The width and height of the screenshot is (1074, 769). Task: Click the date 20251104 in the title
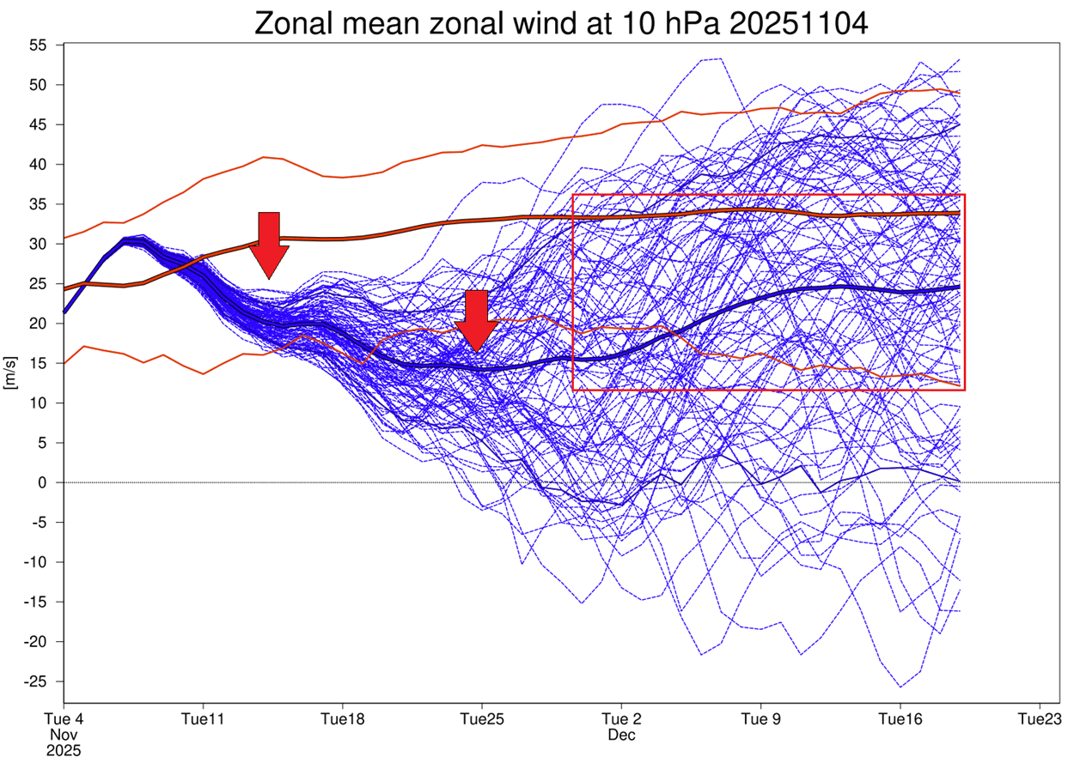point(799,23)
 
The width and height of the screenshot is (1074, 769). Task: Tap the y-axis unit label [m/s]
point(11,375)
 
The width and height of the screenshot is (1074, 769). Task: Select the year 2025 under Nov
point(64,752)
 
